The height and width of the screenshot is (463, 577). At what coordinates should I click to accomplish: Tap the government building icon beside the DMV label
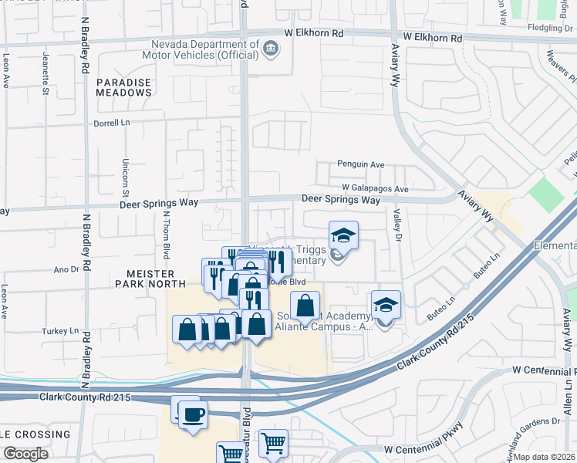(271, 49)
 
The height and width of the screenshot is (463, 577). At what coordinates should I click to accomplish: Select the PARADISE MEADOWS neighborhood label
(123, 86)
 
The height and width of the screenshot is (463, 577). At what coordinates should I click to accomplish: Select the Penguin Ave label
(360, 164)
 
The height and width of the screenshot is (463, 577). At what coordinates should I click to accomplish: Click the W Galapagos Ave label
(376, 188)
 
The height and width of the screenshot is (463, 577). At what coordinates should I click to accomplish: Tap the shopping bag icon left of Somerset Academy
(305, 304)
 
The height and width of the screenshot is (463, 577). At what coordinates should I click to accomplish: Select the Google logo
(25, 453)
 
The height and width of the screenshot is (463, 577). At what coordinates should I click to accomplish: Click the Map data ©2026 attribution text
(543, 457)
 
